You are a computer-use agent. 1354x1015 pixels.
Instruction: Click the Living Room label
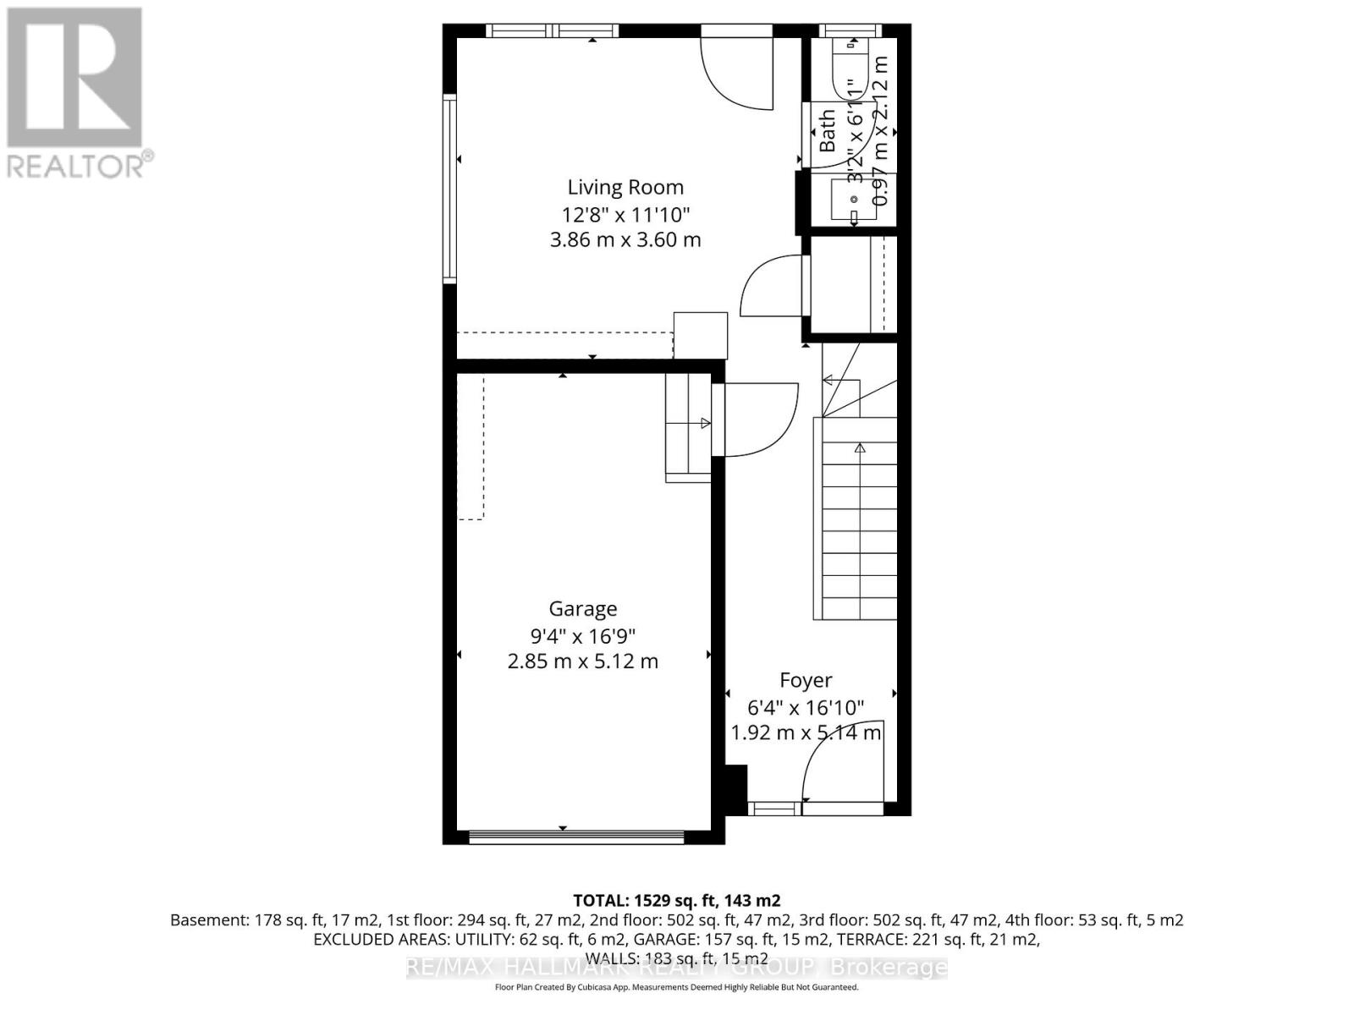(x=625, y=187)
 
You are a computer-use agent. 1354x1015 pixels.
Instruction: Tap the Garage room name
(x=582, y=608)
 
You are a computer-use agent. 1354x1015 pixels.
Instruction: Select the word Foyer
(x=805, y=680)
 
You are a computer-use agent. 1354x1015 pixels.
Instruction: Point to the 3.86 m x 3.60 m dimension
(x=625, y=239)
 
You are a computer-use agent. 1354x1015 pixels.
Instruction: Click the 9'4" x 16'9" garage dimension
(x=582, y=635)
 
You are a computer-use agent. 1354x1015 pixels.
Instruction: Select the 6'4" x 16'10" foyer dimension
(x=805, y=706)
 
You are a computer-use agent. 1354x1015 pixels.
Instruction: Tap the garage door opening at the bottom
(x=576, y=837)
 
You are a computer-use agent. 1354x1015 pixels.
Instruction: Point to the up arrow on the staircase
(x=860, y=448)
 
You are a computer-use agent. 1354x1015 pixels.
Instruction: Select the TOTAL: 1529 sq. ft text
(x=676, y=900)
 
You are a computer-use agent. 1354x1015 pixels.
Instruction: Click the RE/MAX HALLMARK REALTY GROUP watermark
(x=676, y=967)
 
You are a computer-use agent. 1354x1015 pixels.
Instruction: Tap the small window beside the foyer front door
(x=773, y=809)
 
